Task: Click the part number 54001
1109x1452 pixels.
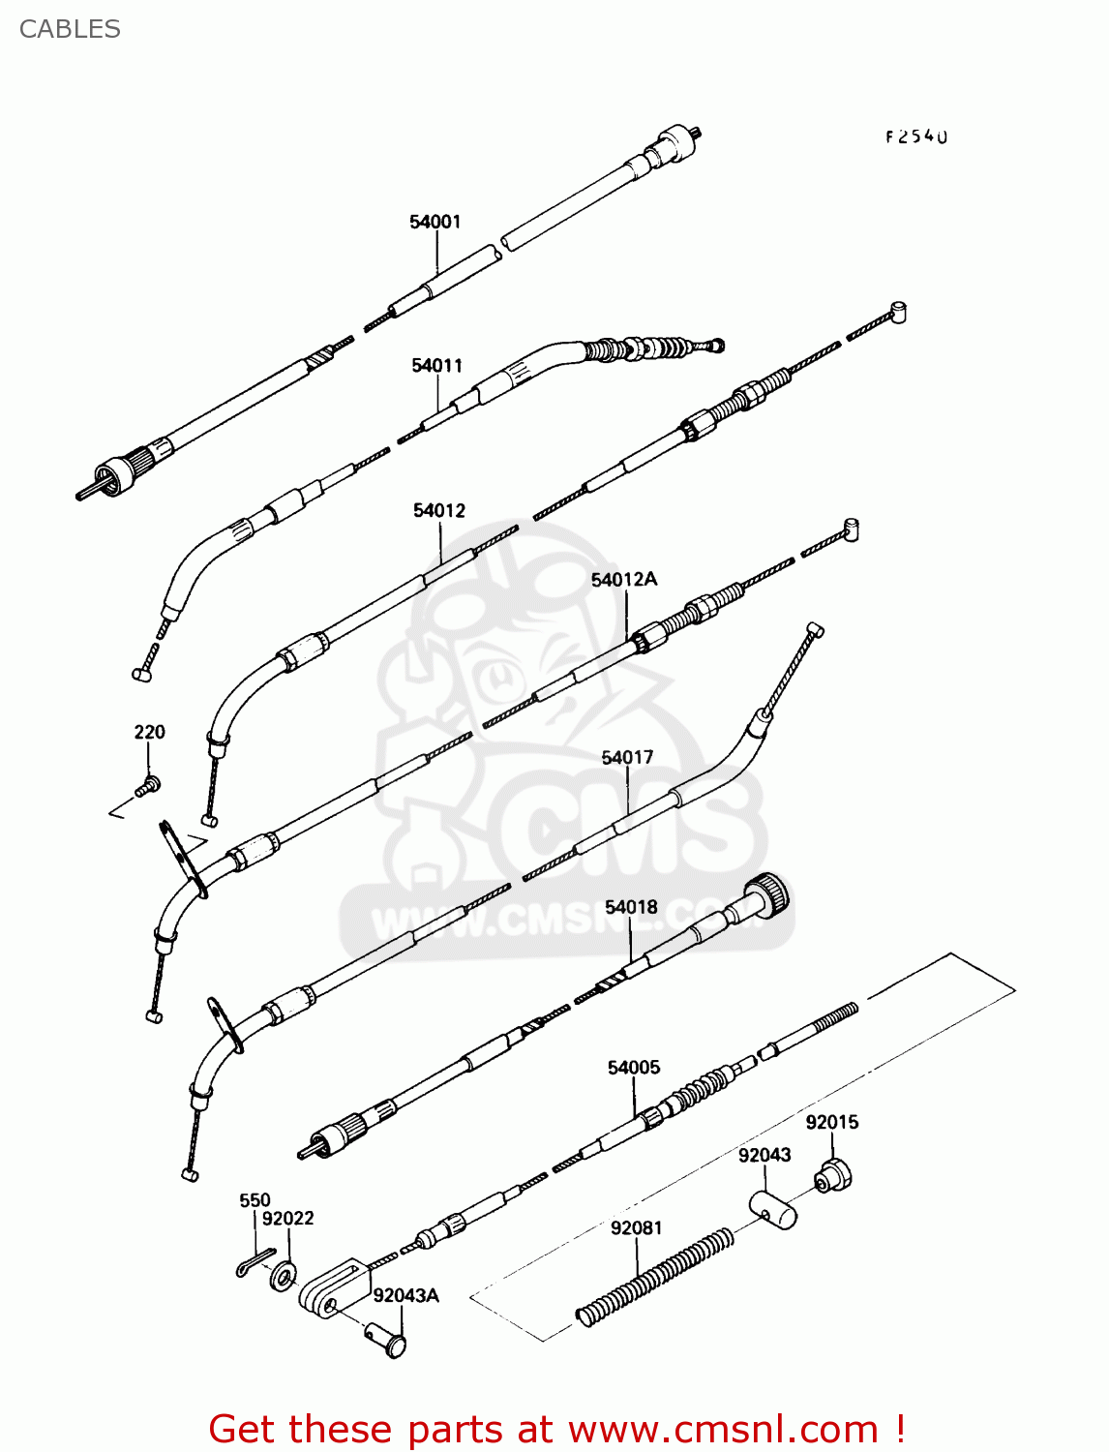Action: click(435, 222)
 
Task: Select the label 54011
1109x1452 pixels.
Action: click(437, 365)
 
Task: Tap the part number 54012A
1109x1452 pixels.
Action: click(624, 579)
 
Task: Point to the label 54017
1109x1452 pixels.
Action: click(628, 757)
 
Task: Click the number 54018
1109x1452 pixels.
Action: click(631, 907)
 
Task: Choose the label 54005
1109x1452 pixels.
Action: click(634, 1067)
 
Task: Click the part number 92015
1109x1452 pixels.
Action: click(832, 1122)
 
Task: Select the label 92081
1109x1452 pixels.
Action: click(637, 1227)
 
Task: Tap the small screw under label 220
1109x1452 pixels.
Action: click(148, 785)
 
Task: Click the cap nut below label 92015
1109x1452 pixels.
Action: click(833, 1175)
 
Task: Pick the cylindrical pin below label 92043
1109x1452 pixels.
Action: click(773, 1209)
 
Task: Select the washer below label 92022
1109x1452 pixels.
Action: click(284, 1275)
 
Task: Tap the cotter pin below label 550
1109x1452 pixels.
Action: click(254, 1262)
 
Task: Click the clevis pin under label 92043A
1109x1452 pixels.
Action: click(388, 1341)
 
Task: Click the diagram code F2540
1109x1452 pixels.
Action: click(916, 136)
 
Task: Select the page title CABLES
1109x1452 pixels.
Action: click(70, 29)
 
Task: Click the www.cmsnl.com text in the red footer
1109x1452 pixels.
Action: click(722, 1429)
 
